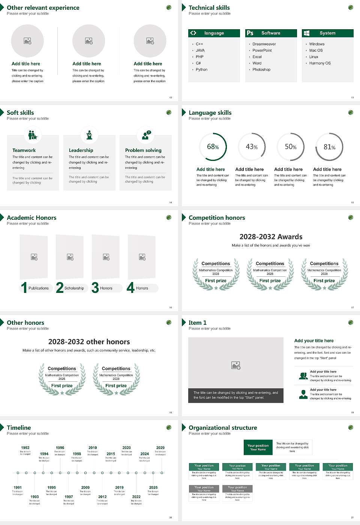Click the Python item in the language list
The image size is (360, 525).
point(201,70)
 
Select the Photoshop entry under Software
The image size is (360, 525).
point(261,70)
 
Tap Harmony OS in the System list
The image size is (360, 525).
point(320,63)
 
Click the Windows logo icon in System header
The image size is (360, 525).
point(307,33)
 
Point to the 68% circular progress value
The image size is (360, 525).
point(213,147)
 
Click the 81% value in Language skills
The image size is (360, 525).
point(329,147)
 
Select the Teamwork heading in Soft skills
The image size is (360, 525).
point(24,150)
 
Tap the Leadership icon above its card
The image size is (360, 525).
point(89,135)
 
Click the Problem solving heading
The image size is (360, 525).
point(143,150)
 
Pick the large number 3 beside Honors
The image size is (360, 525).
point(95,288)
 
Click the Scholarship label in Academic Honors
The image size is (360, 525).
point(74,288)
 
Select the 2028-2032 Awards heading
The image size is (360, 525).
point(271,237)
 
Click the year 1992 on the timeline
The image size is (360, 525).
point(25,448)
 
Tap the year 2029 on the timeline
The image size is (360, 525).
point(160,448)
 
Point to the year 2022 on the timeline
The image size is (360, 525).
point(136,497)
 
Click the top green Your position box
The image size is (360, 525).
point(258,447)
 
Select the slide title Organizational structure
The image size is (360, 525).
point(223,428)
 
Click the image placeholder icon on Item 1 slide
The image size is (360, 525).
point(236,365)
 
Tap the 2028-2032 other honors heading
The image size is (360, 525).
point(89,342)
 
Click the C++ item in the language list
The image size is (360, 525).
point(199,44)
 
